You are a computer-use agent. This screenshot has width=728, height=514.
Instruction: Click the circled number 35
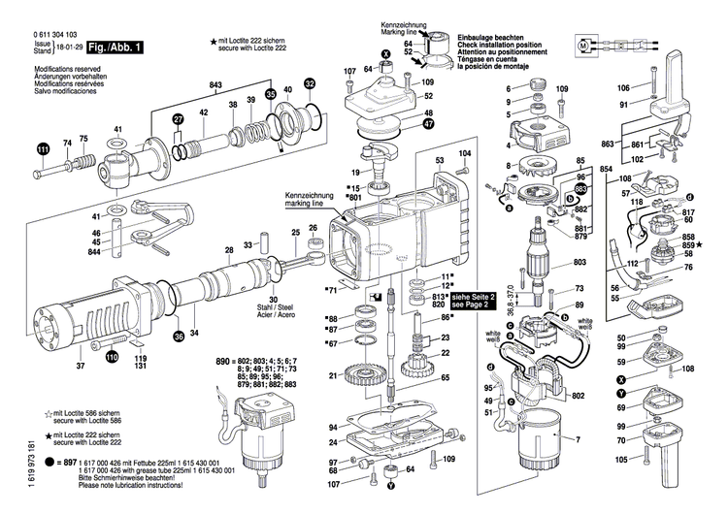[x=272, y=93]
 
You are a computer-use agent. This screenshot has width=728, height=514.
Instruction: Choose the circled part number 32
[x=310, y=84]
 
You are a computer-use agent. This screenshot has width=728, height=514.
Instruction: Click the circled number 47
[x=428, y=125]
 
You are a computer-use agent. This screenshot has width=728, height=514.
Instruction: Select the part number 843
[x=215, y=85]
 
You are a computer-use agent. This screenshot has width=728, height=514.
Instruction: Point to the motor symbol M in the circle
[x=583, y=45]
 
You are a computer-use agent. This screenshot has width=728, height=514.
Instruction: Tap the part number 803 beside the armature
[x=579, y=263]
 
